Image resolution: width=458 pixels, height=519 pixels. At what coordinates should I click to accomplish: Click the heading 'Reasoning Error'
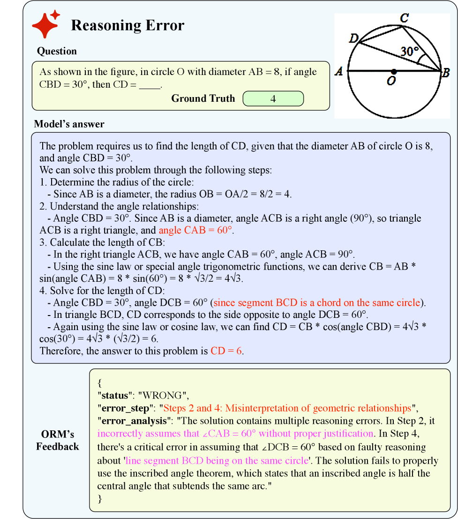128,25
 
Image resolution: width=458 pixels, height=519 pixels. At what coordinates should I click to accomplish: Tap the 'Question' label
57,51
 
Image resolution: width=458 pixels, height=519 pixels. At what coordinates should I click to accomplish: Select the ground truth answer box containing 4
273,99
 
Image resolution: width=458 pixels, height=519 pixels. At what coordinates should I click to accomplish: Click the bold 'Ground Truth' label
203,98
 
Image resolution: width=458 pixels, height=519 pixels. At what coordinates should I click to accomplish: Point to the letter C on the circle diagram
404,18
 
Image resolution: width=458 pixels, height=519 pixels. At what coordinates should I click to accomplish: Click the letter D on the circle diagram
354,38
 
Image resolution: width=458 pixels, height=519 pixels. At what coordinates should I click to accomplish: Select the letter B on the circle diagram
446,73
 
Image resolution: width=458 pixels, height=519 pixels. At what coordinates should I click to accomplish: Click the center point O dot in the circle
394,72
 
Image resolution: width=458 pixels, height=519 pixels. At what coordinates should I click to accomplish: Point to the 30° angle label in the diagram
409,52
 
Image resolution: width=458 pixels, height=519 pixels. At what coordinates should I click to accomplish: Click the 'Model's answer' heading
69,124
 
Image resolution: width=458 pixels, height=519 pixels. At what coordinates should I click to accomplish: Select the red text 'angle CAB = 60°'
196,231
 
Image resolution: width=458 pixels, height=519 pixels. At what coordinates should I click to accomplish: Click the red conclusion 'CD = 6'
226,351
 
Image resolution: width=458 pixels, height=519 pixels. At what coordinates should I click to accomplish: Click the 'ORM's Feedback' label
57,440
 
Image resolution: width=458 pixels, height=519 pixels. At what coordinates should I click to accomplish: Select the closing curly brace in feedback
99,498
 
